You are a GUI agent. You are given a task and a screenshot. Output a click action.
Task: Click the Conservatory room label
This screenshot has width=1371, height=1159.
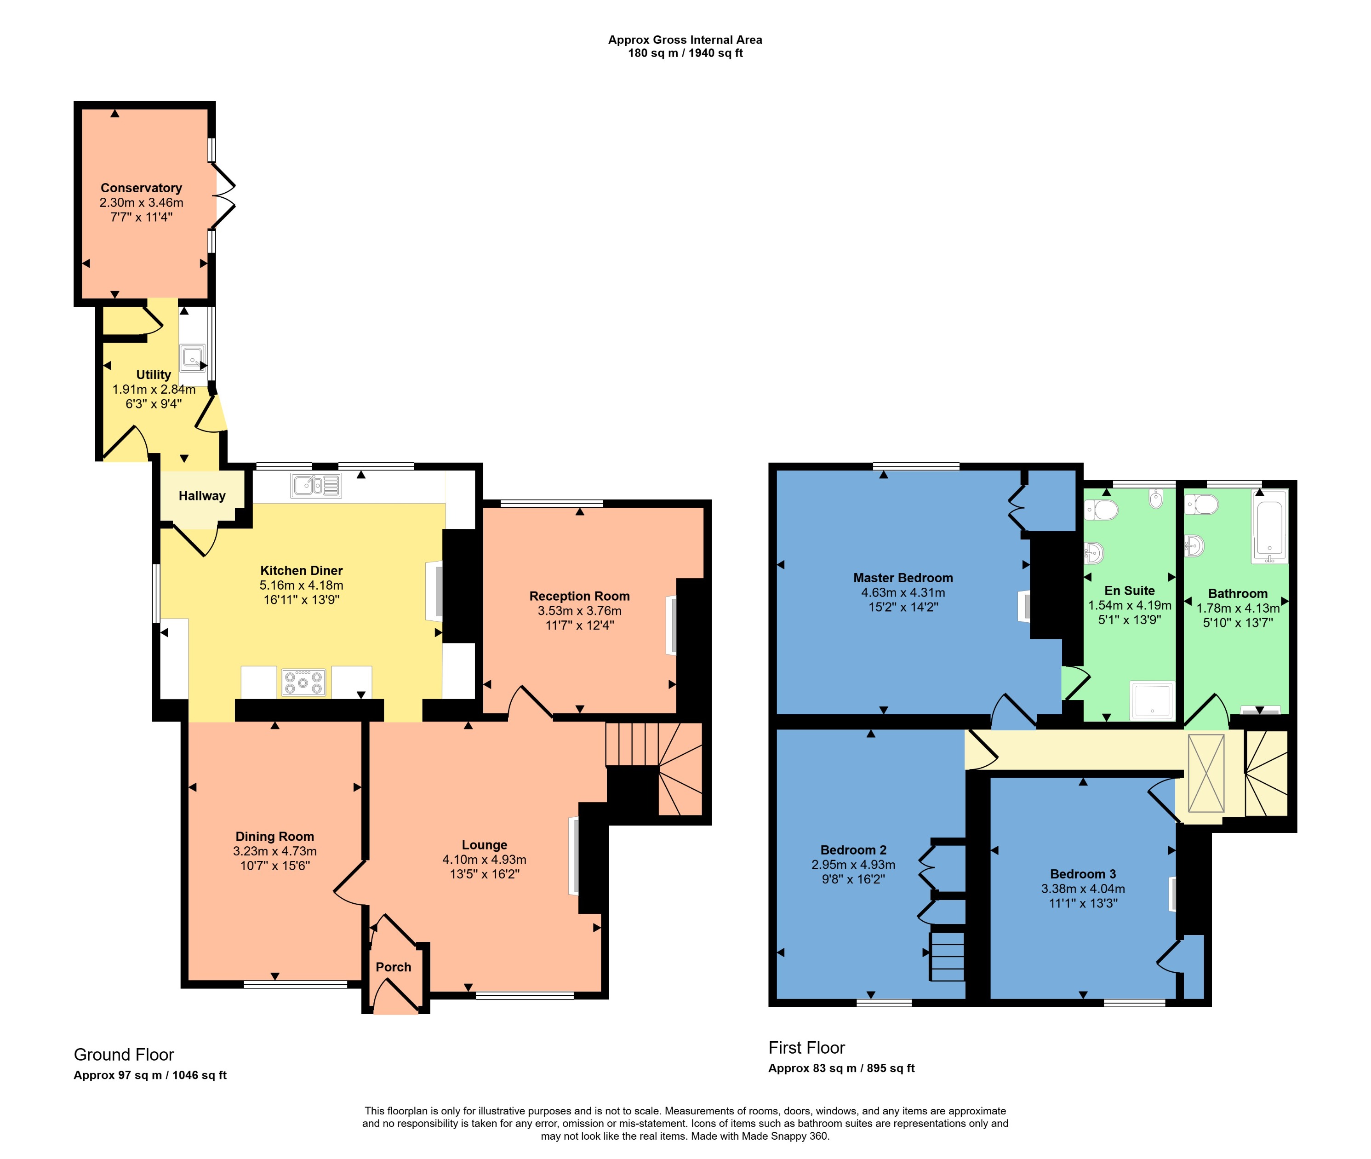[141, 188]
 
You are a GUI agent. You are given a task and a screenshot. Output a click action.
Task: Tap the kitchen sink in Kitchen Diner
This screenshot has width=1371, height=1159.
[315, 486]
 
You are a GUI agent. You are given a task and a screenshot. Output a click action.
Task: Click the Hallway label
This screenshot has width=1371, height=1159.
[202, 496]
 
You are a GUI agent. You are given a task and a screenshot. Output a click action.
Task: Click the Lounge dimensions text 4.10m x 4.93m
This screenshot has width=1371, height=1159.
[484, 860]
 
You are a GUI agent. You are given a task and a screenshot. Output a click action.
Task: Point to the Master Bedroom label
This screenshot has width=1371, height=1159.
[903, 578]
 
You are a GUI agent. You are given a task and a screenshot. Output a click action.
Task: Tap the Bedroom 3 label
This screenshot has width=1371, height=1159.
[1083, 874]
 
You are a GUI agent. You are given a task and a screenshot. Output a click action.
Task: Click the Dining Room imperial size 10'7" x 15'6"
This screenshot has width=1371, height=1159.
[274, 866]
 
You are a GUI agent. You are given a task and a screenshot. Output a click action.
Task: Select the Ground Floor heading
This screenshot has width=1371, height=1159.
[124, 1055]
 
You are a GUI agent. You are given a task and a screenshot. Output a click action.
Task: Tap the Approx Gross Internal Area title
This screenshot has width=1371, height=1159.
[685, 40]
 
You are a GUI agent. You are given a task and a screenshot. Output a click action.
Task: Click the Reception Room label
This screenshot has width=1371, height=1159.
[579, 596]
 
